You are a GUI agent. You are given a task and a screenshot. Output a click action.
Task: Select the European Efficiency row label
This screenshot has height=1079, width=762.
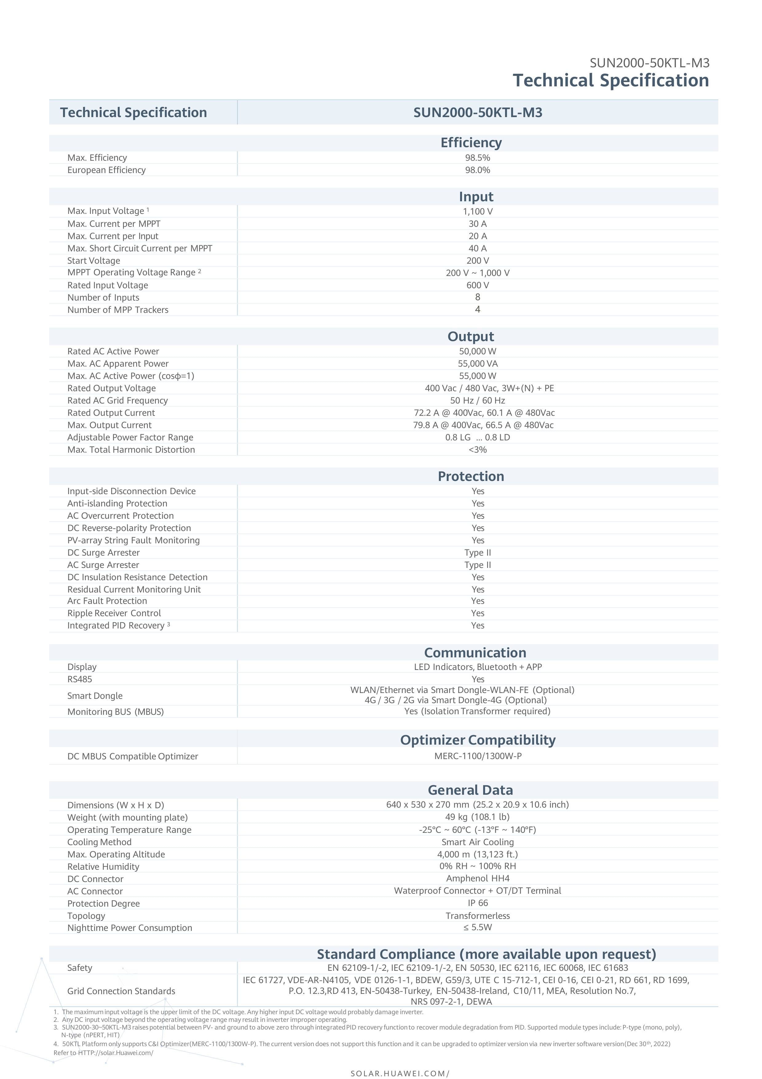[x=106, y=170]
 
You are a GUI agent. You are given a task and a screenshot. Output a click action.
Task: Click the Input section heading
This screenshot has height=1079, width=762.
[x=476, y=196]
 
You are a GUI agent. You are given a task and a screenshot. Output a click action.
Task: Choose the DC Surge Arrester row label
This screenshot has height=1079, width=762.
[x=103, y=553]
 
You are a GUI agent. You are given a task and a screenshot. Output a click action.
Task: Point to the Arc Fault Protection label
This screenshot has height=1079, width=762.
[x=107, y=601]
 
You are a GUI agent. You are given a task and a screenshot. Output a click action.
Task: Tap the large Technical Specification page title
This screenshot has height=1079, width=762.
[x=610, y=80]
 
